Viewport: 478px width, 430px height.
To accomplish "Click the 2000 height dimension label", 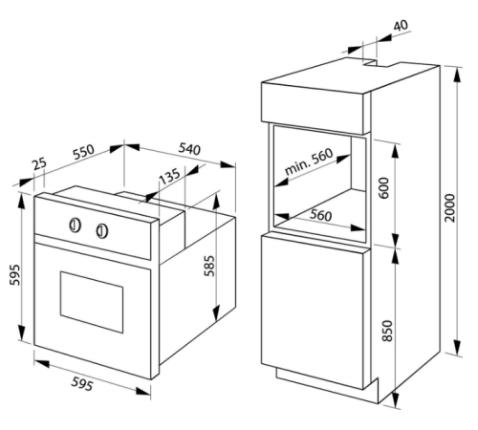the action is (x=450, y=207).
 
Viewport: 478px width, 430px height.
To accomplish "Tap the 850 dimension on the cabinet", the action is (x=387, y=331).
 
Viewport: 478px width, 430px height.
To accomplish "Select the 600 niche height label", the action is (x=384, y=188).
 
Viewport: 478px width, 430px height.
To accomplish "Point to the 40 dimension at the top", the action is (x=401, y=26).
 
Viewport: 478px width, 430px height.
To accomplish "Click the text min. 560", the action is (x=309, y=161).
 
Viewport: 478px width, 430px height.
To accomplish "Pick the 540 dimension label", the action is (x=189, y=149).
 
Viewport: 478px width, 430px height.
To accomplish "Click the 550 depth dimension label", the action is (x=84, y=152).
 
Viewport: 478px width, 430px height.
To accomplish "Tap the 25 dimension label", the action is (x=40, y=163).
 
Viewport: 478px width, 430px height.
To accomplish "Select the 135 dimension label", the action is (x=169, y=176).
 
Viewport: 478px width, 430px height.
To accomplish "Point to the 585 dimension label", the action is (x=209, y=266).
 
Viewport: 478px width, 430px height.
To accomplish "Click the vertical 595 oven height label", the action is (x=14, y=274).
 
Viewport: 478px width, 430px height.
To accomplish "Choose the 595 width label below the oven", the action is (x=82, y=383).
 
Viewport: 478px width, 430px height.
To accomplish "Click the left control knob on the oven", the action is (x=75, y=226).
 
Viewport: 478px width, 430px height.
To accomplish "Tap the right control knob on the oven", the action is (x=102, y=231).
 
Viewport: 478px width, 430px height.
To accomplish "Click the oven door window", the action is (x=92, y=302).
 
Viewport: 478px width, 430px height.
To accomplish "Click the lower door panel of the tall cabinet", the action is (x=313, y=312).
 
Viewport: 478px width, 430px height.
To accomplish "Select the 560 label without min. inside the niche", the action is (x=321, y=216).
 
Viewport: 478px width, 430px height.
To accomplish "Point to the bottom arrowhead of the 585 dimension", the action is (x=216, y=313).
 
